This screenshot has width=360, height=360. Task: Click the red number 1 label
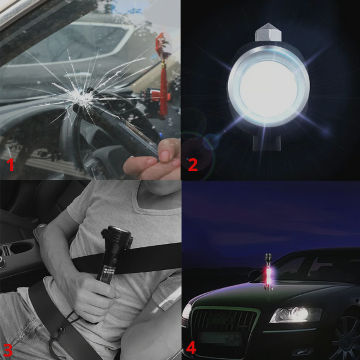pyautogui.click(x=10, y=164)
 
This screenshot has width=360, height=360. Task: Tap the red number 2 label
pyautogui.click(x=193, y=164)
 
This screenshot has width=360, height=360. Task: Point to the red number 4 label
pyautogui.click(x=191, y=347)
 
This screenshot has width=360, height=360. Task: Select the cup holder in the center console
pyautogui.click(x=21, y=250)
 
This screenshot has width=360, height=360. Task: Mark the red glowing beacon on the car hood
pyautogui.click(x=268, y=273)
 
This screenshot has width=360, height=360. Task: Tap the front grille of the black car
pyautogui.click(x=225, y=320)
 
